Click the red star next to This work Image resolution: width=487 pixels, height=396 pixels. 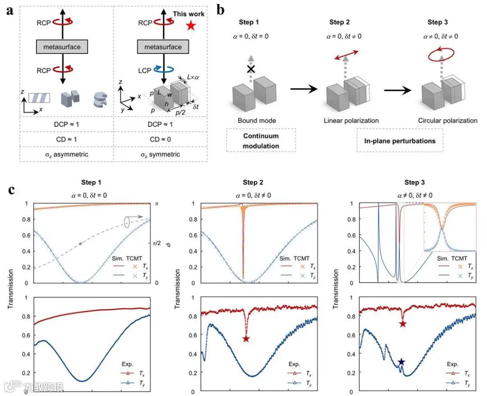pyautogui.click(x=191, y=26)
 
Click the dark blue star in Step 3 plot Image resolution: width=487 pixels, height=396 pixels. pyautogui.click(x=401, y=362)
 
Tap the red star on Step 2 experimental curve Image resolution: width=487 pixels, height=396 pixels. pyautogui.click(x=246, y=339)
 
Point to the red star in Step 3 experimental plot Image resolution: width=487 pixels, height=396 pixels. pyautogui.click(x=403, y=324)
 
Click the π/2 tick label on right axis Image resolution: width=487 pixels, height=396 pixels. pyautogui.click(x=157, y=243)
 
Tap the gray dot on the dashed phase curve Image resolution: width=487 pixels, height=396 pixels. pyautogui.click(x=80, y=244)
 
